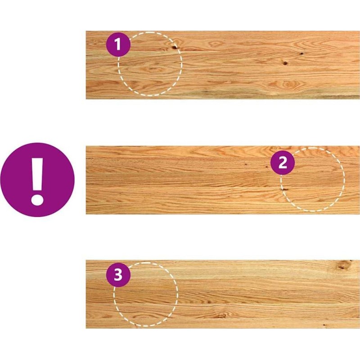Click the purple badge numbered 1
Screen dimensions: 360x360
tap(118, 44)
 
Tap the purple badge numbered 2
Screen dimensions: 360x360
tap(283, 162)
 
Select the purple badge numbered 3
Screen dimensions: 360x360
tap(118, 275)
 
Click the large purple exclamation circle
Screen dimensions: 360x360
tap(37, 180)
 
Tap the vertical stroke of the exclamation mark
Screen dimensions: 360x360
tap(37, 174)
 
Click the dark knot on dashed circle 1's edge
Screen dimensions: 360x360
tap(174, 47)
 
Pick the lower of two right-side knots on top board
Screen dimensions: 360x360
tap(285, 63)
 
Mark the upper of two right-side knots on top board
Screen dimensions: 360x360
tap(301, 54)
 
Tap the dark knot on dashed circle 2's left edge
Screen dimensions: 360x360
tap(284, 189)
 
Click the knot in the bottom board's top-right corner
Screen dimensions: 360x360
tap(342, 265)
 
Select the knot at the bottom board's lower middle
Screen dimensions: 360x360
tap(220, 316)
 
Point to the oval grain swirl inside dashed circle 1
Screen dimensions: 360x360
tap(152, 69)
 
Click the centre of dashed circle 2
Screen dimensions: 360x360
tap(312, 179)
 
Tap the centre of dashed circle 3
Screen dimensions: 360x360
tap(145, 294)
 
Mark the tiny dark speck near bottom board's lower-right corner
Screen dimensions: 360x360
tap(324, 325)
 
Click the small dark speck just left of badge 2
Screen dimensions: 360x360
tap(267, 167)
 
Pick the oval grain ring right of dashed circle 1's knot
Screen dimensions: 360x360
tap(215, 43)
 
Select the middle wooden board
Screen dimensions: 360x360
tap(223, 180)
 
